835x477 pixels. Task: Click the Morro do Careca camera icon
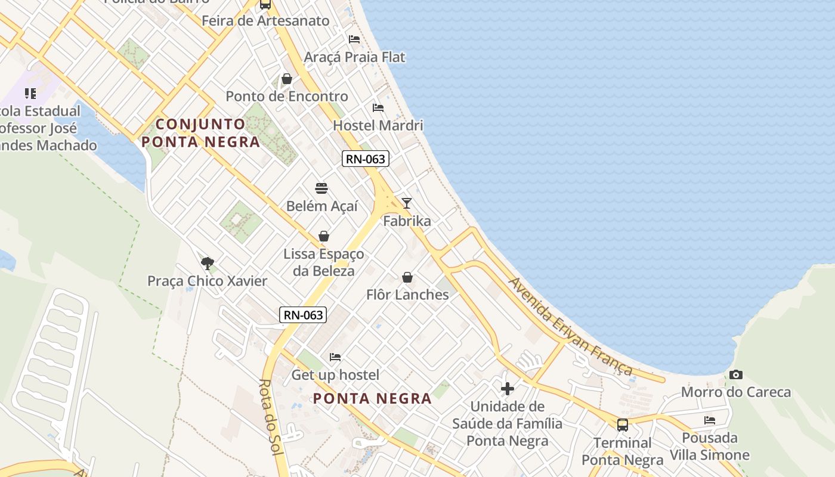tap(736, 375)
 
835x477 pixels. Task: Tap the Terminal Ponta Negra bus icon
tap(623, 425)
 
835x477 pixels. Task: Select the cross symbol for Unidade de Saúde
tap(508, 389)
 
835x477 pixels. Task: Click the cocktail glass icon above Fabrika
tap(407, 203)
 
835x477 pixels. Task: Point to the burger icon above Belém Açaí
tap(321, 189)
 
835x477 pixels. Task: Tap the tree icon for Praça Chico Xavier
tap(208, 263)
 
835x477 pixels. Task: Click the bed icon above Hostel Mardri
tap(378, 108)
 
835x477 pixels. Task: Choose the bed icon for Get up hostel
tap(335, 357)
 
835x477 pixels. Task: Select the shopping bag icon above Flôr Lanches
tap(407, 277)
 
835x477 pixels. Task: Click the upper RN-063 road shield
tap(366, 159)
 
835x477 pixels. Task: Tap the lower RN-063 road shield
tap(303, 315)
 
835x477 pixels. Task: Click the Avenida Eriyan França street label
tap(570, 326)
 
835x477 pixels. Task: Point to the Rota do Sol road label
tap(271, 417)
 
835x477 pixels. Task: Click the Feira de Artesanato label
tap(265, 21)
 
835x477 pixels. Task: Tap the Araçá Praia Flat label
tap(354, 57)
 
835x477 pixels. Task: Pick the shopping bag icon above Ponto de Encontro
tap(287, 79)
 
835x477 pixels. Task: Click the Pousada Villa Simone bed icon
tap(710, 420)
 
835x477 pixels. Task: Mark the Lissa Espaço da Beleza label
tap(323, 262)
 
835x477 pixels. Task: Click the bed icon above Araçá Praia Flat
tap(354, 39)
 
